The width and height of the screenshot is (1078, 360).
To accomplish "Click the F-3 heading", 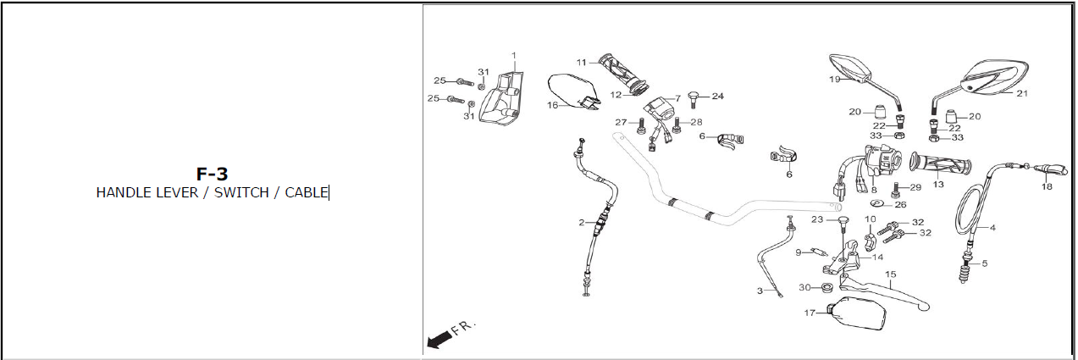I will click(x=212, y=174).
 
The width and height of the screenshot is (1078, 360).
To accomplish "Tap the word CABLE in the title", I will click(x=306, y=192).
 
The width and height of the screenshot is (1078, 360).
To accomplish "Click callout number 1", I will click(x=513, y=56).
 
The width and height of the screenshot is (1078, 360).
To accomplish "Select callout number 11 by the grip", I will click(x=582, y=63).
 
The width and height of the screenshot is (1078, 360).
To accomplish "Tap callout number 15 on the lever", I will click(x=890, y=274).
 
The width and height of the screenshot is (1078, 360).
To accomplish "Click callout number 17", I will click(x=810, y=313).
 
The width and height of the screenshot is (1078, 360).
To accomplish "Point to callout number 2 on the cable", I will click(x=582, y=223).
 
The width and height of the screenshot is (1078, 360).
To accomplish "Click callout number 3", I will click(x=760, y=291).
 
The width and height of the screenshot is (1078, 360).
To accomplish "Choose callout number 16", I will click(x=552, y=105).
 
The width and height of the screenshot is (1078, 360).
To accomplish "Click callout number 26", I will click(x=900, y=204).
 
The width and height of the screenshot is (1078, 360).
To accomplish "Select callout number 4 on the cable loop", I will click(x=992, y=228).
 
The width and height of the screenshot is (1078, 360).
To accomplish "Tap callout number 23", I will click(x=817, y=219).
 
